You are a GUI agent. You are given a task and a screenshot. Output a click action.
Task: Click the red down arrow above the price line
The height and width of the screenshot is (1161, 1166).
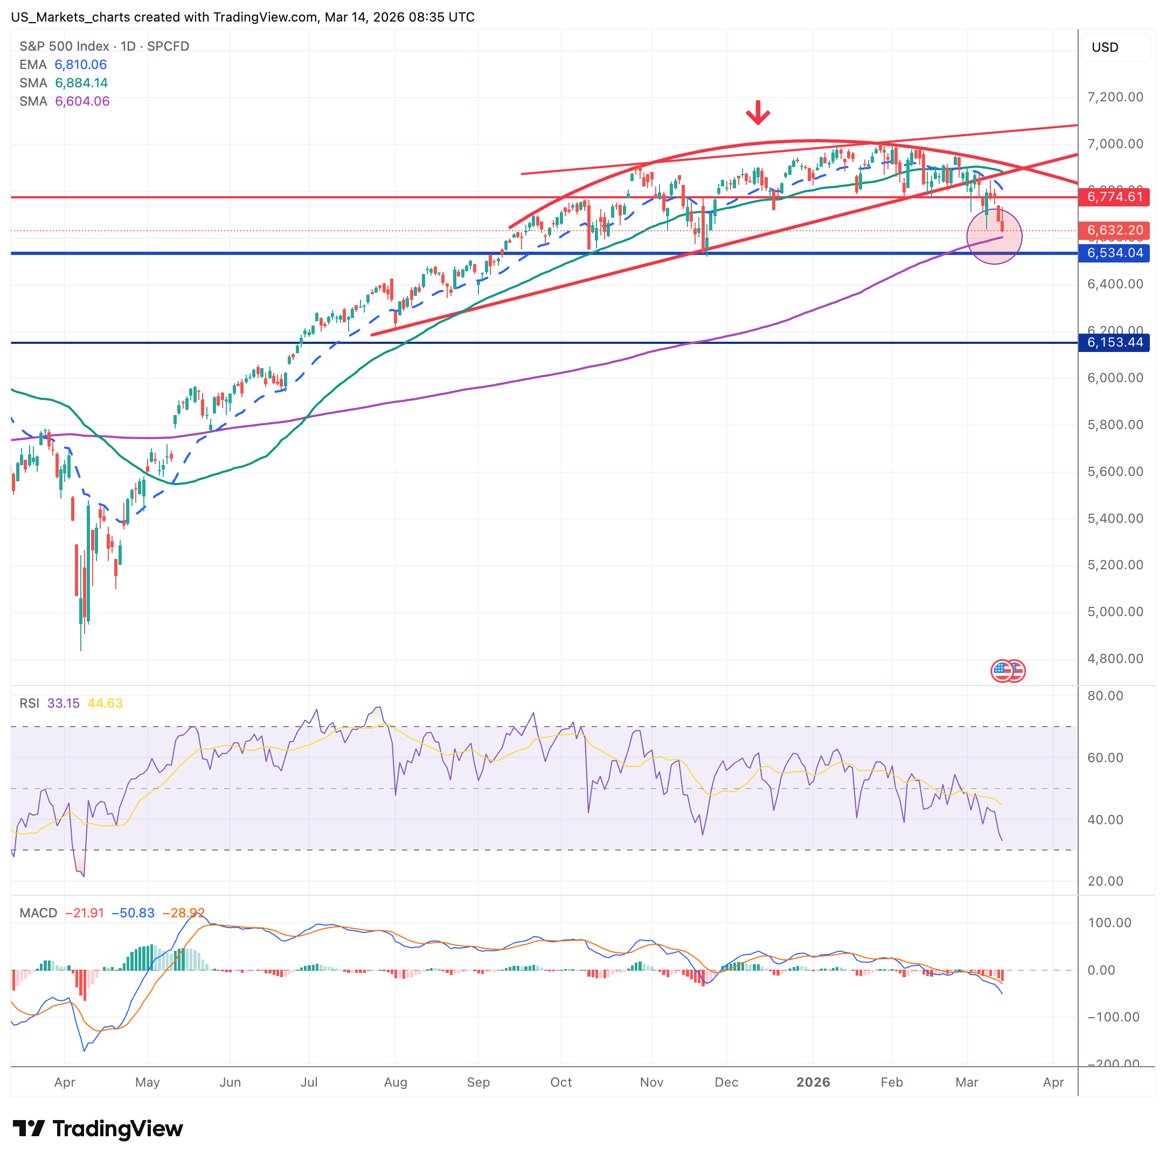758,112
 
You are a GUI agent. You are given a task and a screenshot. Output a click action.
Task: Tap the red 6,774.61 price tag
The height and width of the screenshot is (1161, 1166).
1114,197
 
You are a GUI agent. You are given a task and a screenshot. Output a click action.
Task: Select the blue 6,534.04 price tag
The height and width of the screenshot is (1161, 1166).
1114,253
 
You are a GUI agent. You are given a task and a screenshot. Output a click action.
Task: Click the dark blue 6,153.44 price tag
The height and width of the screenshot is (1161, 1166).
1114,342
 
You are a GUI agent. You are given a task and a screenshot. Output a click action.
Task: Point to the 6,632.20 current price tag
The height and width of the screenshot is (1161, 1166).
1114,230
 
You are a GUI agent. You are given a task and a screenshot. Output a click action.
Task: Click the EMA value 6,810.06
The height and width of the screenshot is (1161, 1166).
80,65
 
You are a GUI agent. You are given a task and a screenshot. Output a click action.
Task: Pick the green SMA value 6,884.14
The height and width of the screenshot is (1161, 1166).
81,82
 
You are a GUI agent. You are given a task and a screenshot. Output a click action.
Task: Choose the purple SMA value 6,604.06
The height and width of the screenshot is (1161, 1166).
82,101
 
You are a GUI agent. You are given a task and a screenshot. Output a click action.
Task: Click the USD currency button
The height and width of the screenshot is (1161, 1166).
1105,47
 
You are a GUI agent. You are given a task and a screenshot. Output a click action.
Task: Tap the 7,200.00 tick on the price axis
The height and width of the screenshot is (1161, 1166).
1115,96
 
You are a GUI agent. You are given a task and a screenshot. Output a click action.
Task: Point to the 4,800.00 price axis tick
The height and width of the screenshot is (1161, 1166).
1115,658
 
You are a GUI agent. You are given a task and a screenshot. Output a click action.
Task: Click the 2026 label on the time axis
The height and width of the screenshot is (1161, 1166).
813,1082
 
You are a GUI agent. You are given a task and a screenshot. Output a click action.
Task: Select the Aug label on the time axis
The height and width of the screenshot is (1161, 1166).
395,1082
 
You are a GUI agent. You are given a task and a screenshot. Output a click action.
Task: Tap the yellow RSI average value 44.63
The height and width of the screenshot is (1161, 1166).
105,703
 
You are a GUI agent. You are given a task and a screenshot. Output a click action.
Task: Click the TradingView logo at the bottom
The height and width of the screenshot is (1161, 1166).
98,1129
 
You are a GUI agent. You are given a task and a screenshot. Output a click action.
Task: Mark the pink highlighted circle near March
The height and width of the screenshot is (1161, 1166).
994,236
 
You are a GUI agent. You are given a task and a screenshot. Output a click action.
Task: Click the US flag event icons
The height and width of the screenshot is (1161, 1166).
1007,671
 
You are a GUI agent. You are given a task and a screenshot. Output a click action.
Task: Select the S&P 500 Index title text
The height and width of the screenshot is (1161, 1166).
64,46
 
